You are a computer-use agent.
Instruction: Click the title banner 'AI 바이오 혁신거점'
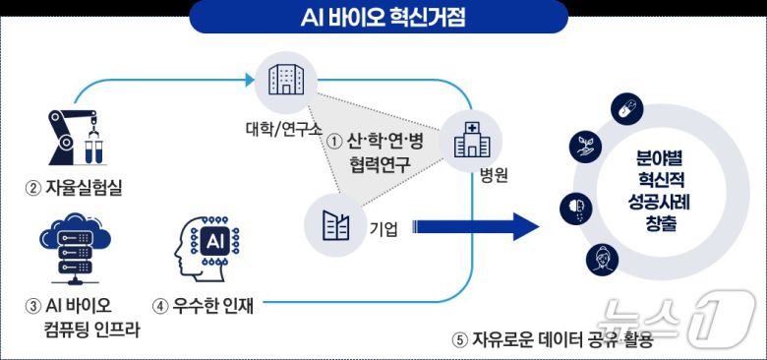coord(383,17)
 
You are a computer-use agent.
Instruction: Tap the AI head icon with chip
coord(208,246)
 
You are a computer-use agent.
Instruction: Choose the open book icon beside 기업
coord(335,225)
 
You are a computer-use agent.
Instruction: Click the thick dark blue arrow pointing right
coord(477,228)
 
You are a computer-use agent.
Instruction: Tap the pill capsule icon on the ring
coord(622,109)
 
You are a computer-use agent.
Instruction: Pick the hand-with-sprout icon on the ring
coord(580,149)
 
